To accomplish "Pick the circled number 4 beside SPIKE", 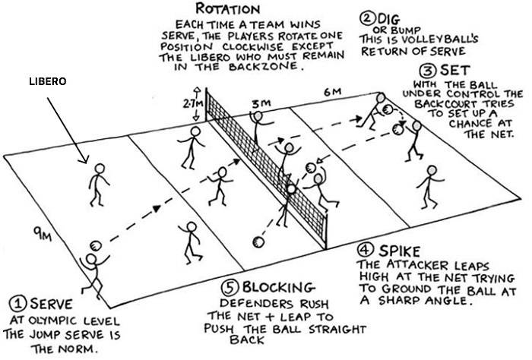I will (x=366, y=251).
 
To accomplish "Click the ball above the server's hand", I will (x=96, y=245).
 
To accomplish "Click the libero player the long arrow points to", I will (x=97, y=183).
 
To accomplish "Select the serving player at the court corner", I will (x=93, y=273).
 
